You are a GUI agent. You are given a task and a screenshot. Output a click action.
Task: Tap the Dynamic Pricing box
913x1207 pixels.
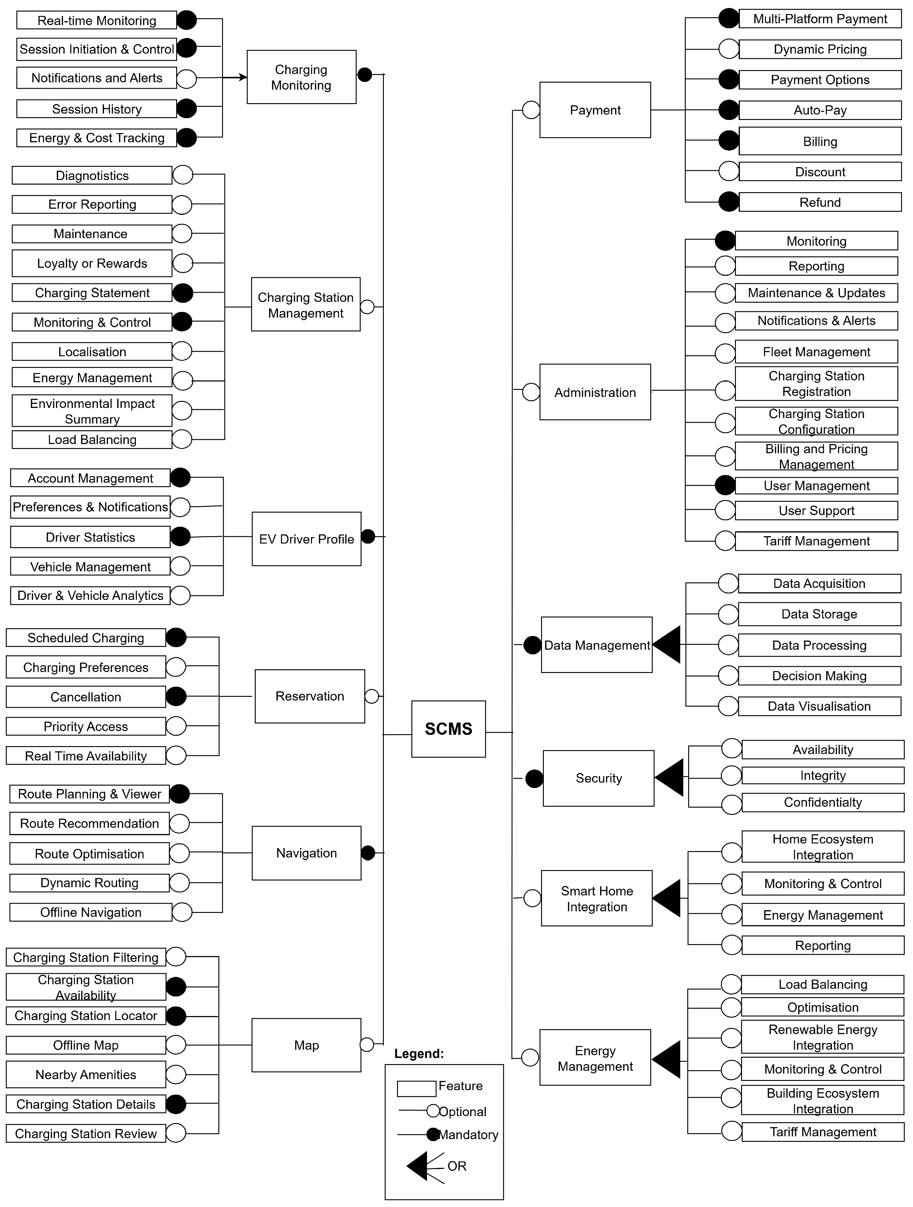click(820, 49)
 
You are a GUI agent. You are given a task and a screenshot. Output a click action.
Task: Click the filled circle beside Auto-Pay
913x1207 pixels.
click(729, 110)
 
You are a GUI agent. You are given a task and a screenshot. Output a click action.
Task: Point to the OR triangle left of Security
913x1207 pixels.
click(670, 778)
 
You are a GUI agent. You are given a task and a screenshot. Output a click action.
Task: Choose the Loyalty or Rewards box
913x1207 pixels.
click(92, 263)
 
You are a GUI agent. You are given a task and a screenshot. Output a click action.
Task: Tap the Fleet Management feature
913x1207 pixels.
click(816, 352)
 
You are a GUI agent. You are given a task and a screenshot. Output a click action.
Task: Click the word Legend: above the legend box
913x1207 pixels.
click(419, 1054)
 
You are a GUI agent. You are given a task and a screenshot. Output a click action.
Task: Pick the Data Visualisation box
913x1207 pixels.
click(819, 706)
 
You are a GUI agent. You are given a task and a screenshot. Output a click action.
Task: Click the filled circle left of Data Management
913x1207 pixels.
click(532, 645)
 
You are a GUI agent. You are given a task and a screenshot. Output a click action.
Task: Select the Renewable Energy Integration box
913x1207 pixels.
click(822, 1037)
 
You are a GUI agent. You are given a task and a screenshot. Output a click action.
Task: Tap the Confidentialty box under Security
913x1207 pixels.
click(822, 802)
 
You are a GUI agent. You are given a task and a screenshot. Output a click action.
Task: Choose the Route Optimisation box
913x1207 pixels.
click(89, 854)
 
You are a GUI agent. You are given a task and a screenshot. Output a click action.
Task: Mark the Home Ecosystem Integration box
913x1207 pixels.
click(822, 847)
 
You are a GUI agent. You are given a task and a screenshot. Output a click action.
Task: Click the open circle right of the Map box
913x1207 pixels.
click(367, 1044)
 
